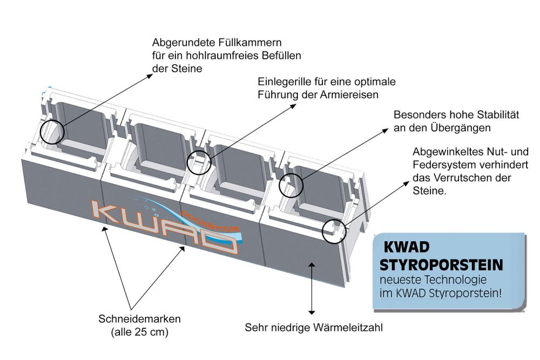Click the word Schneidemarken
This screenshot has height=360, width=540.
(139, 318)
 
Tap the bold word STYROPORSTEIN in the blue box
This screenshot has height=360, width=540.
(441, 265)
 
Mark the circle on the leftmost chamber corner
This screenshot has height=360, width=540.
(52, 131)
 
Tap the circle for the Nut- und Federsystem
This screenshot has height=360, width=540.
(333, 230)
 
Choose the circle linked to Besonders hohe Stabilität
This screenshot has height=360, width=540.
(291, 185)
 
